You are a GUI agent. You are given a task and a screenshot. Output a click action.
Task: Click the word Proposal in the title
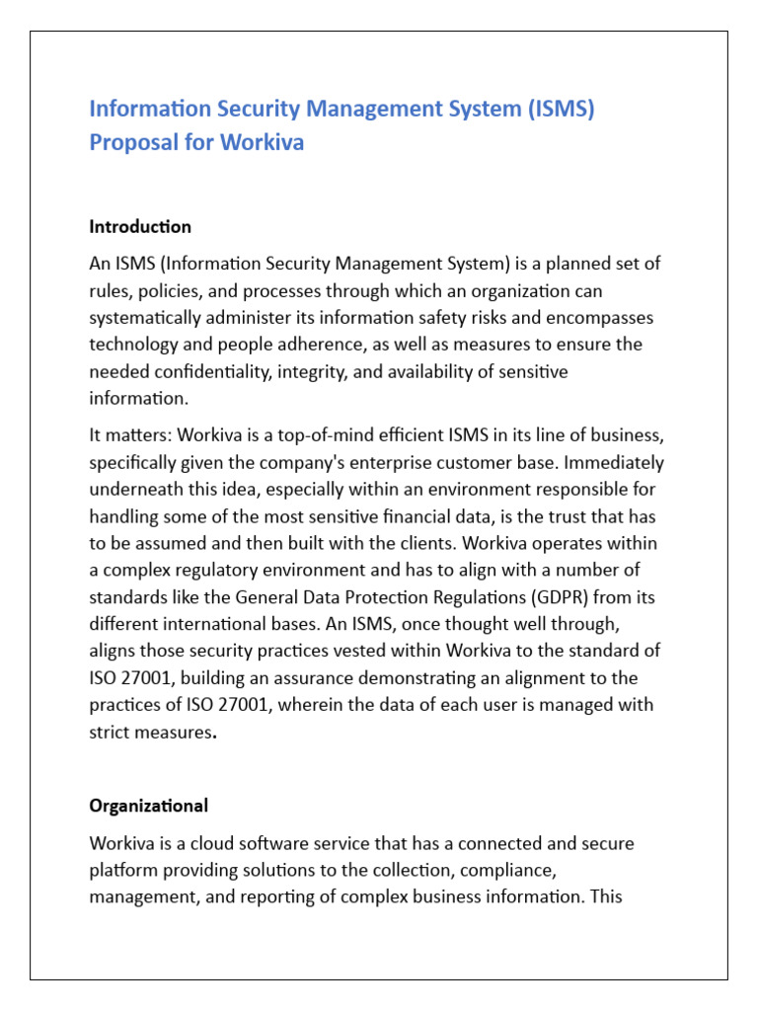coord(130,142)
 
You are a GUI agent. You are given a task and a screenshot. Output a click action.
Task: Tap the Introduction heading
coord(140,227)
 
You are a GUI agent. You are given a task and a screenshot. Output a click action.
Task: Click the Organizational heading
coord(148,806)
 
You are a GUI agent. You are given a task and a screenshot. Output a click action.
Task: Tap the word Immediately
coord(613,462)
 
